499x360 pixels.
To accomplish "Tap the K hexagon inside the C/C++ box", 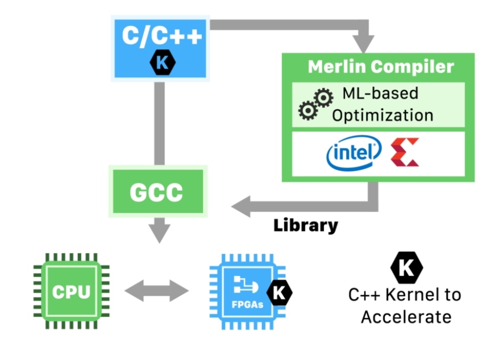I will pos(161,63).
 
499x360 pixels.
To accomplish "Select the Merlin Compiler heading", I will pos(381,67).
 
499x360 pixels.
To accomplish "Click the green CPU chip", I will pos(71,292).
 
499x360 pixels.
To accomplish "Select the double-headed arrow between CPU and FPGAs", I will pos(156,292).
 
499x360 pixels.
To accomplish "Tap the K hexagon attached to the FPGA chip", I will pos(279,292).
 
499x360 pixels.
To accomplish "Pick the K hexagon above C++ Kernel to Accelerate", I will pos(406,266).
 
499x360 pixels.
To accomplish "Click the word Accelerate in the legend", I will pos(406,316).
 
